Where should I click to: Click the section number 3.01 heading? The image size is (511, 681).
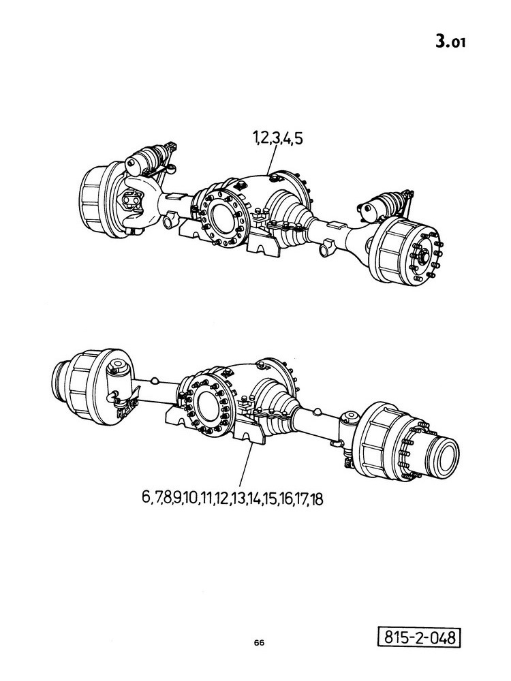tap(450, 42)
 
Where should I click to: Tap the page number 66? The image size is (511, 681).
tap(260, 643)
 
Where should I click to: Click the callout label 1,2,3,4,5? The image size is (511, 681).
tap(278, 139)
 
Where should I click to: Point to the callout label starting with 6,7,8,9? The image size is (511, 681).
tap(232, 498)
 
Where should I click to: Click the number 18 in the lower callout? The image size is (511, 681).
tap(317, 499)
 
